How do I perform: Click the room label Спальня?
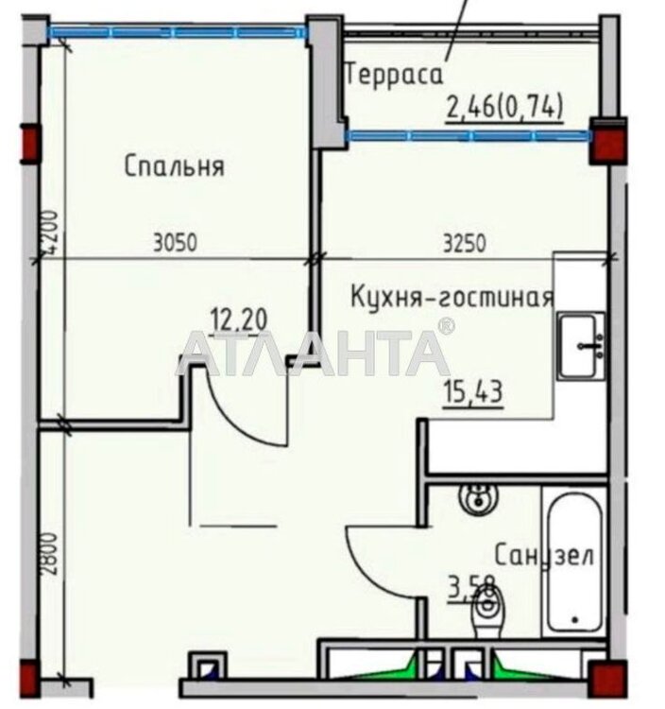(x=174, y=166)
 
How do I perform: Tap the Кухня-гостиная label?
(x=452, y=297)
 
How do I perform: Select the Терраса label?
(x=394, y=76)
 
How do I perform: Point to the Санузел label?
(x=544, y=555)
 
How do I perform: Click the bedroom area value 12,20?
(x=239, y=320)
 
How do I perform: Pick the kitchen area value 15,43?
(x=473, y=391)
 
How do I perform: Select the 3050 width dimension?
(x=176, y=242)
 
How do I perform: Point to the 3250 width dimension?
(x=465, y=242)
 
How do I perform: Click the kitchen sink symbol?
(x=581, y=345)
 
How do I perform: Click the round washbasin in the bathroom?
(x=478, y=499)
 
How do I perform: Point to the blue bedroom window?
(x=178, y=32)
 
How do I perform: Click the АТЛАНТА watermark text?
(x=314, y=352)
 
